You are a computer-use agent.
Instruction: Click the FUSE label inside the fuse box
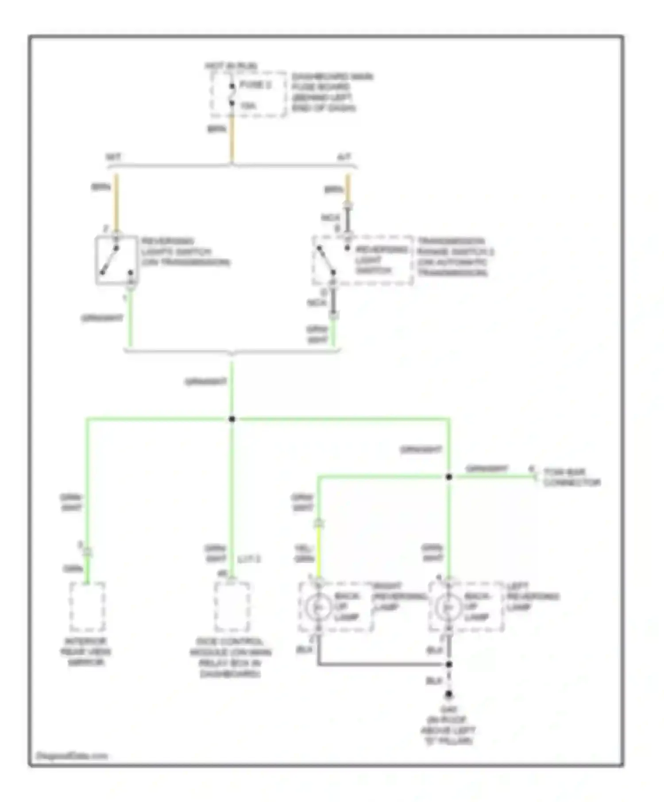[255, 85]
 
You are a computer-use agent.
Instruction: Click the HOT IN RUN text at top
[231, 66]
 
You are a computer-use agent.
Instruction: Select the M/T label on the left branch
[113, 157]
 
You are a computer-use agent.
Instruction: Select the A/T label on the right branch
[344, 157]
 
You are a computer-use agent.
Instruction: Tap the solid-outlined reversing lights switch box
[116, 260]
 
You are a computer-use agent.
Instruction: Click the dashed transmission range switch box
[363, 260]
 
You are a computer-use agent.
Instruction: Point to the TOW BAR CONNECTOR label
[571, 477]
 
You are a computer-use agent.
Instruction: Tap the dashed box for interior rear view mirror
[87, 607]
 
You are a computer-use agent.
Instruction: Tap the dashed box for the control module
[232, 607]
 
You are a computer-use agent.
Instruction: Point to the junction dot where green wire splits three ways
[232, 419]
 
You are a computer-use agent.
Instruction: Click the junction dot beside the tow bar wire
[449, 477]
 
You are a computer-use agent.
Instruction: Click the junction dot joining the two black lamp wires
[449, 665]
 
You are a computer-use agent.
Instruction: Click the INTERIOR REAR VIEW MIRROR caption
[87, 652]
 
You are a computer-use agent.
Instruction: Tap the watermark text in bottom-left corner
[71, 756]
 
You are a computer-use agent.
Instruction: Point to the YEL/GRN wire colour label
[304, 554]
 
